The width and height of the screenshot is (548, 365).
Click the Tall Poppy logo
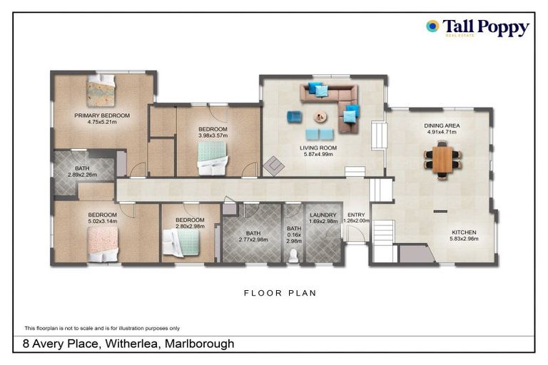477,28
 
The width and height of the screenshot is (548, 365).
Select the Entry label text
355,215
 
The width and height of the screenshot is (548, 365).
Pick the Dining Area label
442,126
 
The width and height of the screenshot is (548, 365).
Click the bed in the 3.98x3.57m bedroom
212,158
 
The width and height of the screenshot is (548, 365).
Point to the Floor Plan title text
280,293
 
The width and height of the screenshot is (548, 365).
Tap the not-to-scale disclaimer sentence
102,328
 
